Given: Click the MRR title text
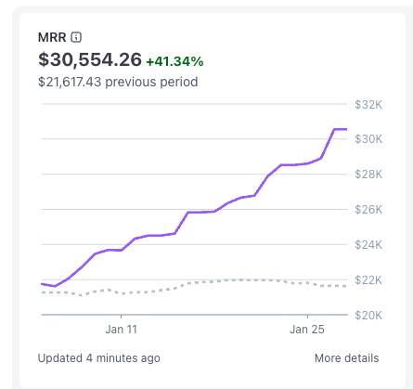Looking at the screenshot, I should [53, 37].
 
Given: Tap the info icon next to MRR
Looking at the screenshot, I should [77, 37].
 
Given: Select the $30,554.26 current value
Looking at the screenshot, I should [90, 60].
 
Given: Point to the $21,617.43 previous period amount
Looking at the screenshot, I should [71, 82].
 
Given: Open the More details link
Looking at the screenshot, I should [346, 357].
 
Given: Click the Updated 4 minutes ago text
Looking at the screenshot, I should [99, 357].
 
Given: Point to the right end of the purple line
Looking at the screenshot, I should [346, 129].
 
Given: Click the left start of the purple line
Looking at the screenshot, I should [42, 283].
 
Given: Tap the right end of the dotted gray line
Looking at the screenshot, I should [346, 286].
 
